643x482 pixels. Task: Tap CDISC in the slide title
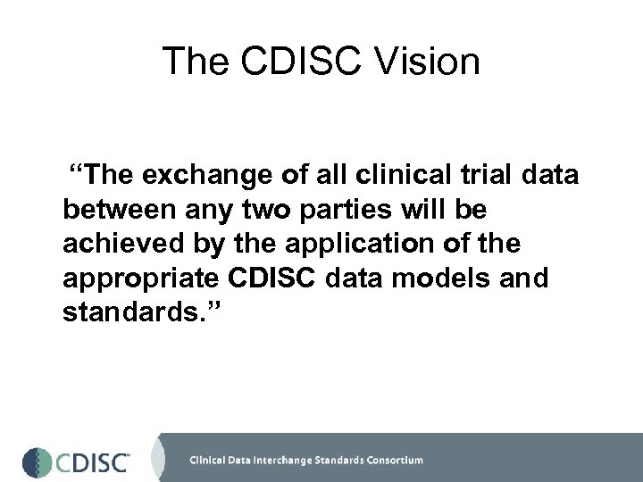point(299,62)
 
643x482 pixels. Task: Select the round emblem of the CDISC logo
point(38,461)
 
